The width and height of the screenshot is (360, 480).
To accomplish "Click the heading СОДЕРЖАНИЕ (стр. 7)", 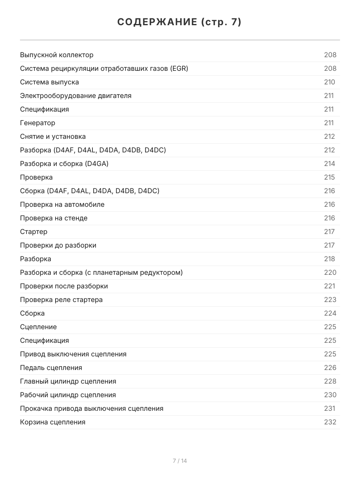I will click(x=180, y=22).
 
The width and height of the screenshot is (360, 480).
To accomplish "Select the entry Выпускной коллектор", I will click(x=57, y=55).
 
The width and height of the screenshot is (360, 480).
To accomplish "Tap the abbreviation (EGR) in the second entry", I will click(x=179, y=68).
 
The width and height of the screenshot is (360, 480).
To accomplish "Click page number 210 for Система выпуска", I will click(x=330, y=82).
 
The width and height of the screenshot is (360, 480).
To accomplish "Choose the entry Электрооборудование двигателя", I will click(x=76, y=96).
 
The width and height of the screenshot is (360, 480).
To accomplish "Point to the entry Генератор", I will click(x=38, y=123).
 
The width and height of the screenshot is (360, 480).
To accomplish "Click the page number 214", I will click(x=330, y=164).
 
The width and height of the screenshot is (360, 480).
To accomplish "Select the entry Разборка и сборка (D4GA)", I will click(x=64, y=164).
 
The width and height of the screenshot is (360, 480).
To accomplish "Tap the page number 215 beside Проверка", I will click(x=330, y=177).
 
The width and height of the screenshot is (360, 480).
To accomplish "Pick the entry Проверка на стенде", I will click(x=54, y=218).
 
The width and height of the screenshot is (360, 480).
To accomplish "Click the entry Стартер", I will click(x=34, y=232).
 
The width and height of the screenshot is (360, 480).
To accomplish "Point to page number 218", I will click(x=330, y=259).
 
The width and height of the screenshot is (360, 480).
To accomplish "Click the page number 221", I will click(x=330, y=286).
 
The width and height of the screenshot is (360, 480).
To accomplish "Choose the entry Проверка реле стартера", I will click(x=61, y=300).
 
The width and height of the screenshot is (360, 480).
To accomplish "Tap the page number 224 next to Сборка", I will click(x=330, y=313).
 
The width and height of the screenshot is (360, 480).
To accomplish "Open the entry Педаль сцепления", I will click(x=51, y=368).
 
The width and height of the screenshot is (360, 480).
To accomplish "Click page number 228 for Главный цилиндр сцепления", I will click(x=330, y=381).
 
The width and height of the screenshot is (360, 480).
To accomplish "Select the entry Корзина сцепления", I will click(x=53, y=422).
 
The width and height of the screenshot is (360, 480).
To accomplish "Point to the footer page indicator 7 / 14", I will click(x=180, y=461).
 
